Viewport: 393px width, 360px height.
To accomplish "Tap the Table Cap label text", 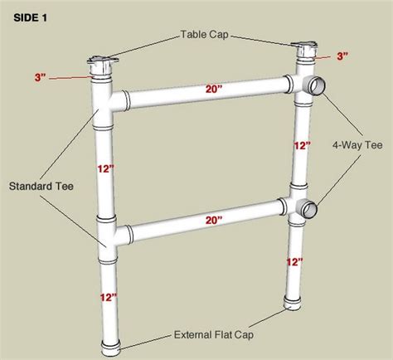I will tap(203, 35).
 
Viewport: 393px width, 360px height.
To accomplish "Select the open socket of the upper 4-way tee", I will tap(318, 85).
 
